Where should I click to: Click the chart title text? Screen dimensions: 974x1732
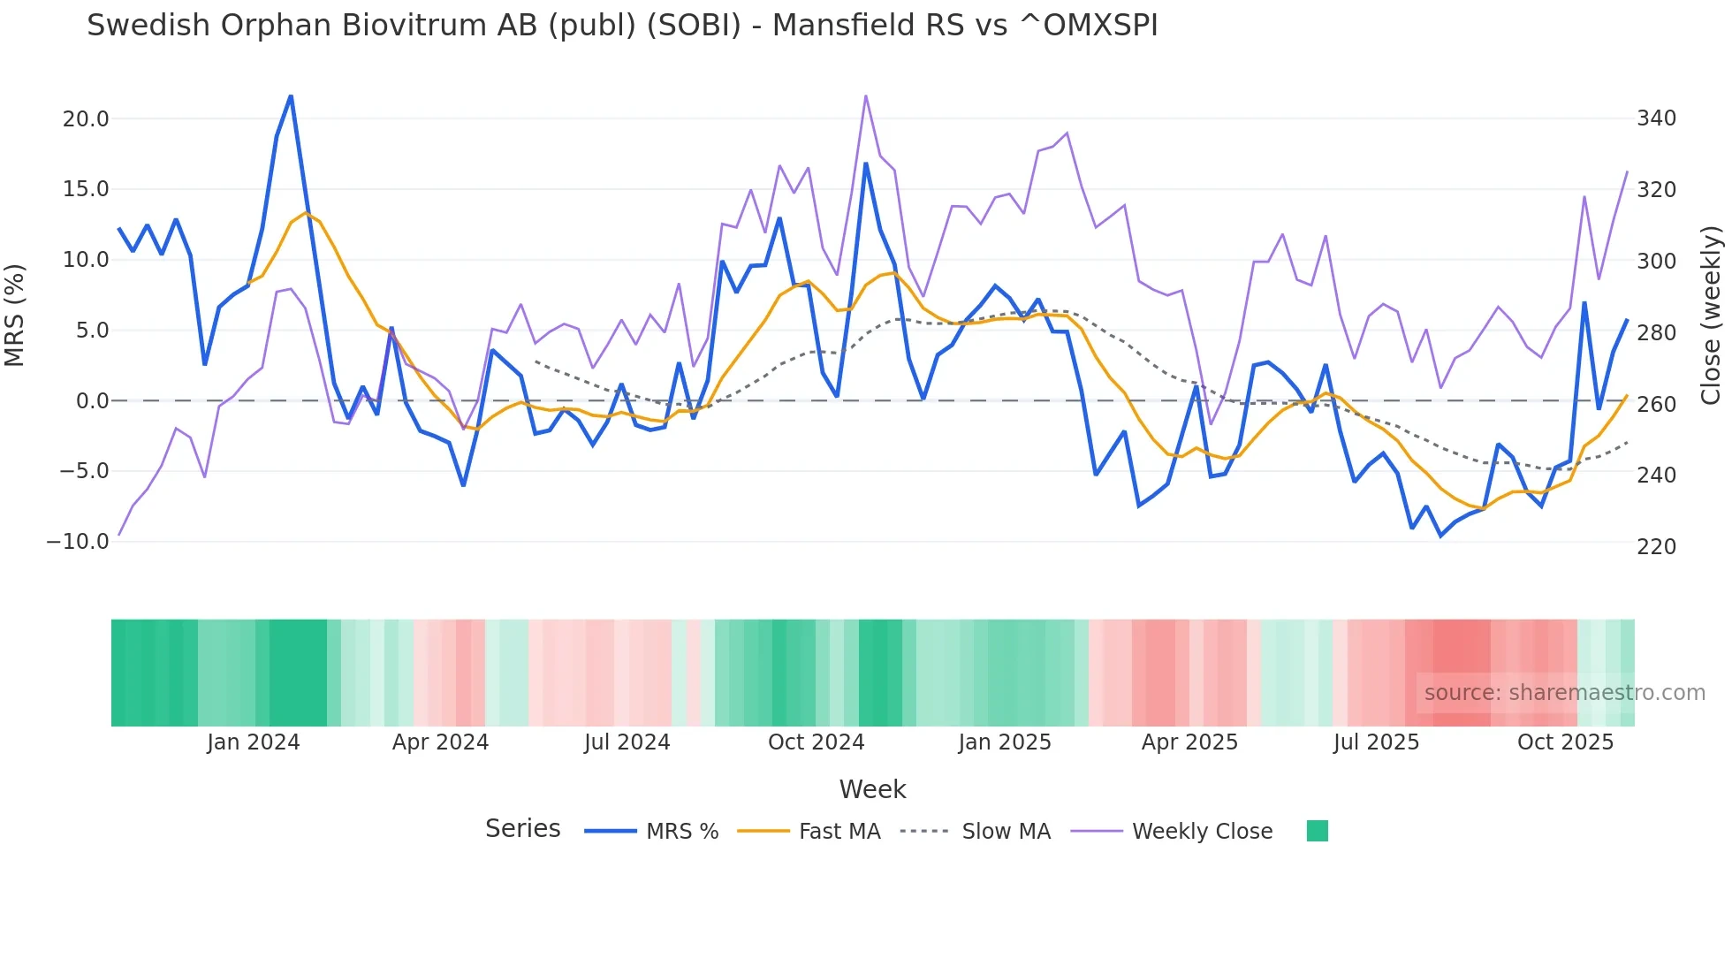coord(622,26)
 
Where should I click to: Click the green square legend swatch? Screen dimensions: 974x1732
coord(1317,831)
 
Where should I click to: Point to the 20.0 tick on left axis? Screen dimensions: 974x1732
coord(86,119)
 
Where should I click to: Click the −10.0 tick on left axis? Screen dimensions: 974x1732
coord(78,542)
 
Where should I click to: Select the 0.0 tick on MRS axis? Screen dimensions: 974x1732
coord(92,401)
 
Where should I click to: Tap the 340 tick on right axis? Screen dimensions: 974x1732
coord(1656,118)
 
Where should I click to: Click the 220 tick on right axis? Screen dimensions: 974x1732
coord(1656,547)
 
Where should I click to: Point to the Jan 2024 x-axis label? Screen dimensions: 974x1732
coord(254,742)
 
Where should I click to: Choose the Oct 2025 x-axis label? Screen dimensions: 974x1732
coord(1565,742)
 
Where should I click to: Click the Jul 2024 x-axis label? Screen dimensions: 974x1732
coord(627,742)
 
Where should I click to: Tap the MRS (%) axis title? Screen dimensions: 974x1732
coord(15,315)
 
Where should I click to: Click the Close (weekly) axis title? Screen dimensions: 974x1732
coord(1712,315)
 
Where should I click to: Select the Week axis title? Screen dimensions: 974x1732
coord(872,789)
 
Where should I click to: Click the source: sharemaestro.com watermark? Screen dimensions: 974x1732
coord(1564,693)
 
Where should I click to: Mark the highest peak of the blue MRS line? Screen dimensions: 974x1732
coord(291,96)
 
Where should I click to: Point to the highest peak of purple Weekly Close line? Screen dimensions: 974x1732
coord(865,95)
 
